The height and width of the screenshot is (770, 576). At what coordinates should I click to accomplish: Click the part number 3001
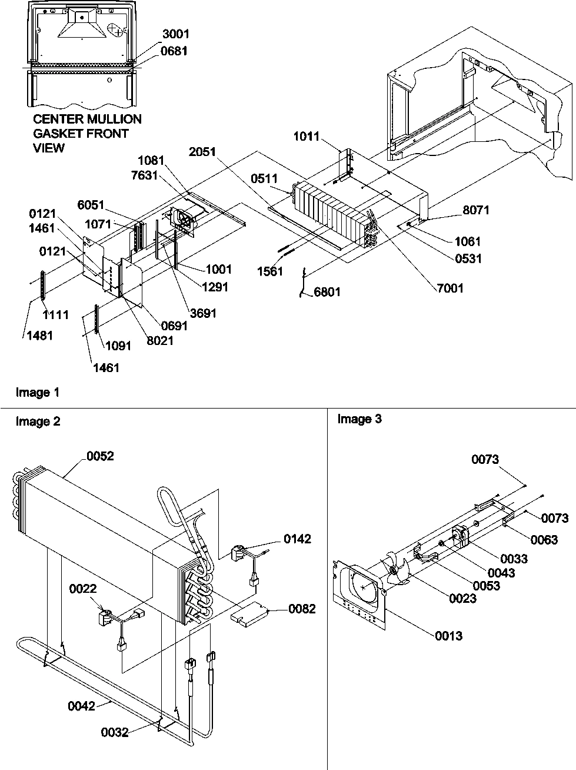click(x=175, y=35)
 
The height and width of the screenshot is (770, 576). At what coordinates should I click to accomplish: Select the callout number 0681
click(x=175, y=51)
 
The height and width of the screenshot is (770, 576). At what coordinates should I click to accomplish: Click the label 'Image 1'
click(x=38, y=392)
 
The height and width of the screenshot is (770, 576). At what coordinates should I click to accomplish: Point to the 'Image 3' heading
click(x=359, y=419)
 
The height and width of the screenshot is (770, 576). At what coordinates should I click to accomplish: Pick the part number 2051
click(x=202, y=152)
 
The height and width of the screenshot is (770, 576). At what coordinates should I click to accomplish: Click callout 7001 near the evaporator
click(x=450, y=288)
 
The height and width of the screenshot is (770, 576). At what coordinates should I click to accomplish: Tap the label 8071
click(x=475, y=210)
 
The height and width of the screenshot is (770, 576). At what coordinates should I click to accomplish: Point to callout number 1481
click(x=38, y=336)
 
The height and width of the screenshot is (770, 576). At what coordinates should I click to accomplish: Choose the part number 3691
click(x=202, y=313)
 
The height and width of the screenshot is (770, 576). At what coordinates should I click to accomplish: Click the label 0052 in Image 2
click(x=100, y=456)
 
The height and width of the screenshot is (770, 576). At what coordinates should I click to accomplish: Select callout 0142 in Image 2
click(x=298, y=539)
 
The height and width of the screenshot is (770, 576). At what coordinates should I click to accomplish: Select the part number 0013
click(x=448, y=636)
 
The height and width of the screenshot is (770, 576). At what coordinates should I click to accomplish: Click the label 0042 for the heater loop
click(x=81, y=706)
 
